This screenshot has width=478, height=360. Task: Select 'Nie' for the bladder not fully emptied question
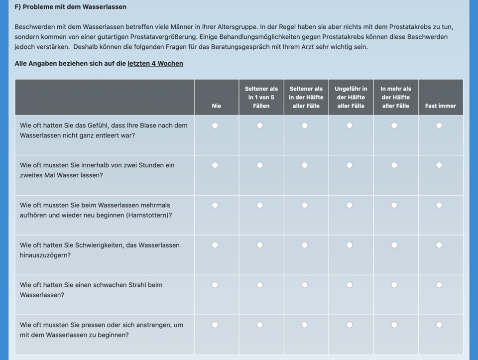[215, 125]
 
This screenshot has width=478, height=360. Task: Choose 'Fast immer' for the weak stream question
[439, 285]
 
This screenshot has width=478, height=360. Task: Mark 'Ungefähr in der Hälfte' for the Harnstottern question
[350, 205]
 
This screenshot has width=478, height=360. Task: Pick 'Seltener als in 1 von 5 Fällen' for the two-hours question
[260, 165]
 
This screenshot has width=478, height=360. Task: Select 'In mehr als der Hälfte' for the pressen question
[394, 325]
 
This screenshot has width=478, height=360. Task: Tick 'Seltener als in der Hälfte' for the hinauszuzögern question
[305, 245]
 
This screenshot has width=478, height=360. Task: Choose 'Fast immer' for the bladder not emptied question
[439, 125]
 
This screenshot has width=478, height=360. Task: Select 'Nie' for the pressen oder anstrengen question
[215, 325]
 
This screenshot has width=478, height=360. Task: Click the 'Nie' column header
[217, 106]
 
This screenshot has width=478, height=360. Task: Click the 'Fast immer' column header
[441, 106]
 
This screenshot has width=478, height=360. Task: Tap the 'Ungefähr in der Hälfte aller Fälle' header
[351, 97]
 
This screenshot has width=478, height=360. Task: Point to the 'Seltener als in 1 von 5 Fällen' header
[261, 97]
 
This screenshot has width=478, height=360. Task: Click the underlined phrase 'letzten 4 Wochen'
[155, 64]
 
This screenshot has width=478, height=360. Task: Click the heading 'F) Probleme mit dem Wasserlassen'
[71, 7]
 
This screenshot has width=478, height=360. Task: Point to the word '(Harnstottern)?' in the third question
[149, 215]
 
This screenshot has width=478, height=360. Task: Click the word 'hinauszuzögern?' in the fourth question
[44, 255]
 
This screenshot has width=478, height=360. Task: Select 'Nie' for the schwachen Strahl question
[215, 285]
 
